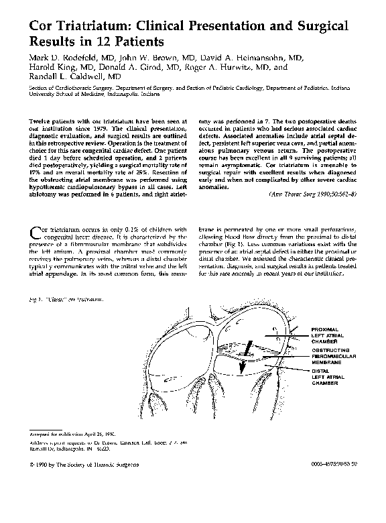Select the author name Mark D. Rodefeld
click(65, 58)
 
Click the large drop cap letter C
click(36, 233)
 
